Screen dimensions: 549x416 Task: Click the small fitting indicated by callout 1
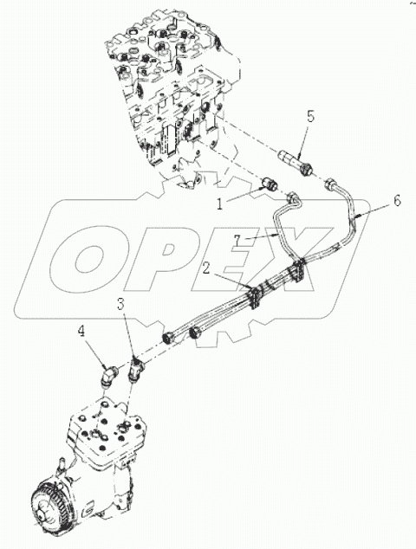270,185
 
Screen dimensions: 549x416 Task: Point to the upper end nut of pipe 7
292,200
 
